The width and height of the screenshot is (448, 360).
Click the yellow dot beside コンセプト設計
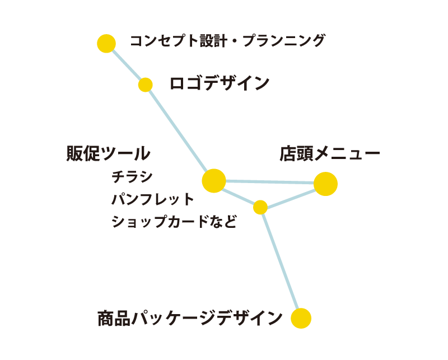coord(106,44)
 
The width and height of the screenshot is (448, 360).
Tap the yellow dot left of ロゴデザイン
coord(146,85)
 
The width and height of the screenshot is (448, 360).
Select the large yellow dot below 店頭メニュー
coord(325,184)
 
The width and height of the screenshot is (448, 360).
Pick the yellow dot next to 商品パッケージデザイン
coord(301,318)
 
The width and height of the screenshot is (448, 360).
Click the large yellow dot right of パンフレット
coord(214,181)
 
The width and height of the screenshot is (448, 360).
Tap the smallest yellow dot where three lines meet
coord(260,207)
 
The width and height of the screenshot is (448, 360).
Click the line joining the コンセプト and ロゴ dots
coord(126,64)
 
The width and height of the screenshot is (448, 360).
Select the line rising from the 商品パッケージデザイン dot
coord(281,261)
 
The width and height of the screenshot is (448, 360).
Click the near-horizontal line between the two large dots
coord(270,182)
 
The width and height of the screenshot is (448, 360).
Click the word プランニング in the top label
coord(284,40)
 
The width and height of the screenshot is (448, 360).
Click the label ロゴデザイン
coord(220,83)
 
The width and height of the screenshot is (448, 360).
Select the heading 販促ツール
coord(108,153)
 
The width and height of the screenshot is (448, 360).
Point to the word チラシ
coord(132,176)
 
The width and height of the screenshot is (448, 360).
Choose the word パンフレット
coord(153,199)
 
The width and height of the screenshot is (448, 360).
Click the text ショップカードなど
coord(174,221)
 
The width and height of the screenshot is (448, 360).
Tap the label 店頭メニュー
coord(330,154)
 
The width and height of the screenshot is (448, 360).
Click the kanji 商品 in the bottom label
coord(114,318)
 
